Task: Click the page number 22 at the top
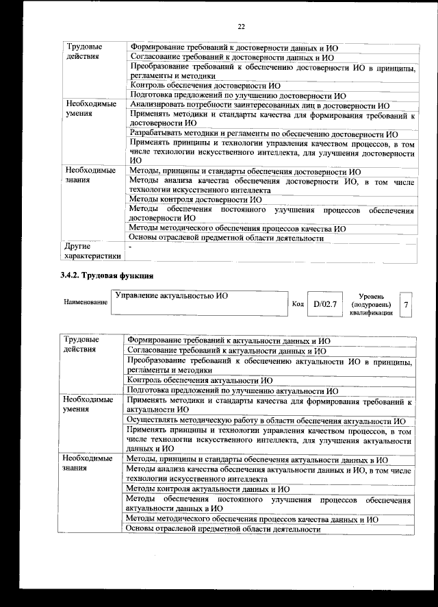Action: (241, 27)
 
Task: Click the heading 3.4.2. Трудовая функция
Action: (103, 275)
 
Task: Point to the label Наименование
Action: (86, 302)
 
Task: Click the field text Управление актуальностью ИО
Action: (171, 295)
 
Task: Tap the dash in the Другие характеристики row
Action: (131, 245)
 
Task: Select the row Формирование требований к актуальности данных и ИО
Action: (229, 340)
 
